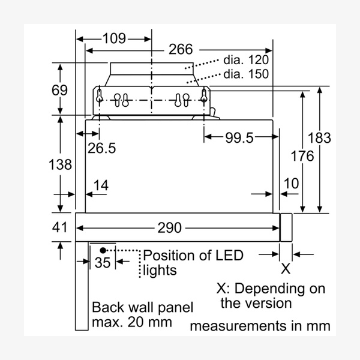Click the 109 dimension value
coord(114,39)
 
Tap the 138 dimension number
coord(60,164)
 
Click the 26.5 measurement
coord(100,148)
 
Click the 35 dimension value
coord(103,262)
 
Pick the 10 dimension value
coord(290,184)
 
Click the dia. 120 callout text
coord(246,60)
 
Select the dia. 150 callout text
coord(246,74)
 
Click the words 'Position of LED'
coord(193,256)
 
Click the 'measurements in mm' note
coord(260,326)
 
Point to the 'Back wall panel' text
coord(143,308)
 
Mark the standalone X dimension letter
coord(286,268)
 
